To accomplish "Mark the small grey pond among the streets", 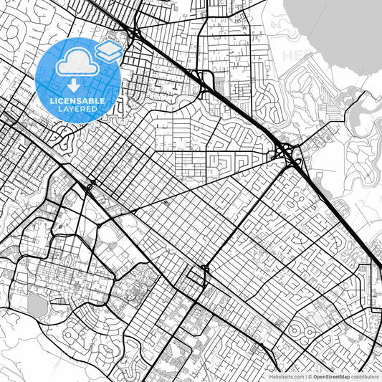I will [37, 305].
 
